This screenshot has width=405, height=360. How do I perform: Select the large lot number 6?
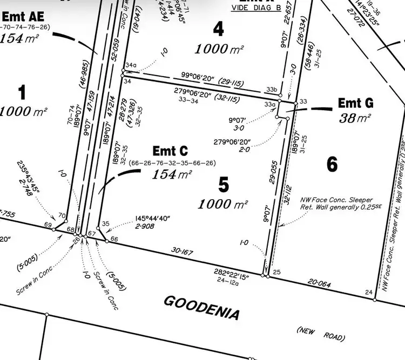click(332, 164)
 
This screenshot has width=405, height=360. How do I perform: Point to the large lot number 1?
click(22, 93)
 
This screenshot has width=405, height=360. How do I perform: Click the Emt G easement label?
click(355, 102)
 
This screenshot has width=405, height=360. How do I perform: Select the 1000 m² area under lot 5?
click(223, 205)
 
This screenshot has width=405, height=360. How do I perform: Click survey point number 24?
click(369, 292)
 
